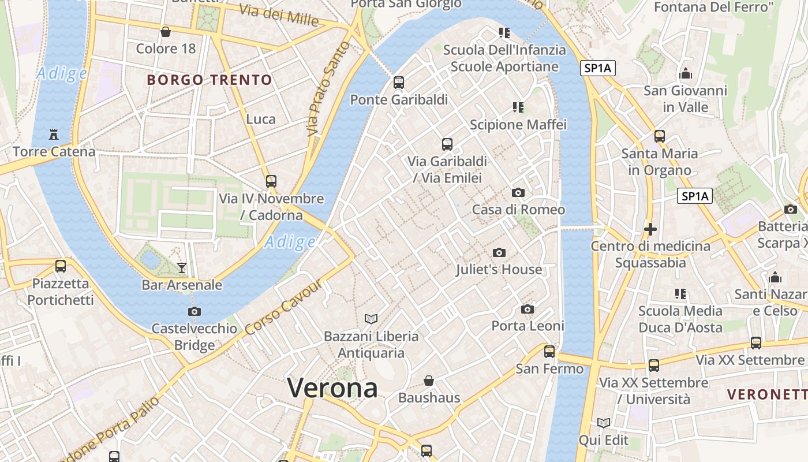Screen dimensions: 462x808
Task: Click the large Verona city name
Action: pyautogui.click(x=332, y=387)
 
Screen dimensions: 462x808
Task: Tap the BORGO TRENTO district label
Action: pyautogui.click(x=209, y=80)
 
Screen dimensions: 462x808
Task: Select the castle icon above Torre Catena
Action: pyautogui.click(x=54, y=135)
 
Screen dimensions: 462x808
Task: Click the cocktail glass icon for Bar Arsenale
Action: pyautogui.click(x=182, y=267)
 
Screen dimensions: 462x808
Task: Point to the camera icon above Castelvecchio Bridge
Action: pyautogui.click(x=194, y=311)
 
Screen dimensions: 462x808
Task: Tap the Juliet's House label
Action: pyautogui.click(x=499, y=269)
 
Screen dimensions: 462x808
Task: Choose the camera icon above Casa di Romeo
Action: pyautogui.click(x=518, y=192)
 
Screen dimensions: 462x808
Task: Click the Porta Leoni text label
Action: pyautogui.click(x=528, y=326)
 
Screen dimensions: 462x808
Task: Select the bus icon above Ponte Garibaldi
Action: pyautogui.click(x=398, y=82)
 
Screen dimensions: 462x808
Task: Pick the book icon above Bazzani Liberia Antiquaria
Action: pyautogui.click(x=371, y=319)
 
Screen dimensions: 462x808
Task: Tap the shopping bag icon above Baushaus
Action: pyautogui.click(x=429, y=380)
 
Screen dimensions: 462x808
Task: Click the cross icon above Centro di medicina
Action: pyautogui.click(x=650, y=229)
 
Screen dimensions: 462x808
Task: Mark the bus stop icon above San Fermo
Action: pyautogui.click(x=549, y=351)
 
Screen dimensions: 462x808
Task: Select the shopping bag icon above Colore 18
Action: pyautogui.click(x=166, y=31)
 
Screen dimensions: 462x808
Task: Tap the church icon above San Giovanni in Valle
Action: pyautogui.click(x=686, y=73)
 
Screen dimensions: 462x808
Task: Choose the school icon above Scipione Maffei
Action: pyautogui.click(x=518, y=107)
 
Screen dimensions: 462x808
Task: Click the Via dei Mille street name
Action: pyautogui.click(x=278, y=16)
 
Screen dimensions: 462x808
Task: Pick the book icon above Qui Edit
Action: pyautogui.click(x=604, y=423)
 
